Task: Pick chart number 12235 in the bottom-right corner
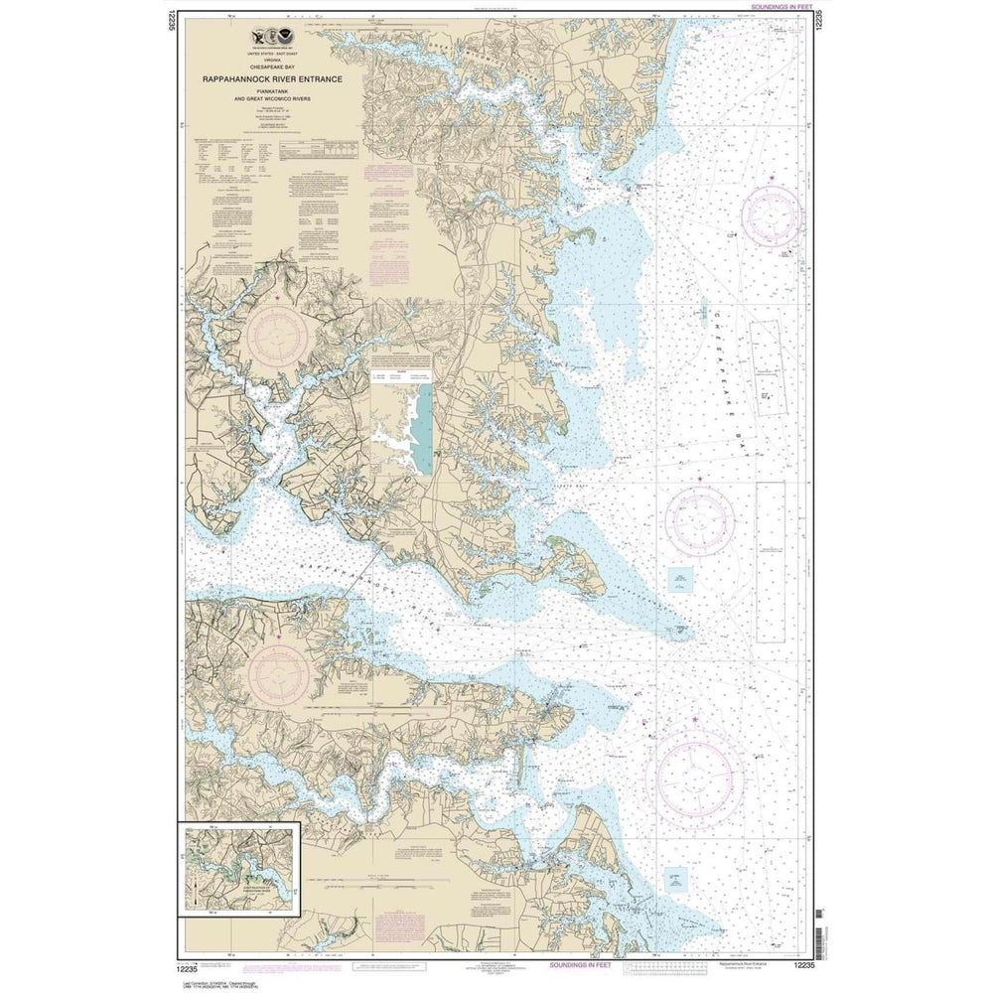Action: [804, 965]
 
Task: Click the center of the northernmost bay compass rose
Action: [772, 215]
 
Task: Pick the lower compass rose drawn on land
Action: [278, 674]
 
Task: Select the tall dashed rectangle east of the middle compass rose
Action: [770, 561]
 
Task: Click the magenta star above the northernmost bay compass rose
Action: [772, 179]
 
